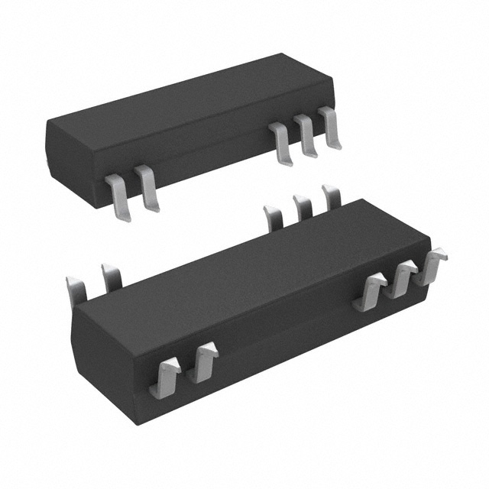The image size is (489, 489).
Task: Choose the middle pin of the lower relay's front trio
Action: coord(400,280)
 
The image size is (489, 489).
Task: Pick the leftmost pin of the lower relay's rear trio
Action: coord(273,216)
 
